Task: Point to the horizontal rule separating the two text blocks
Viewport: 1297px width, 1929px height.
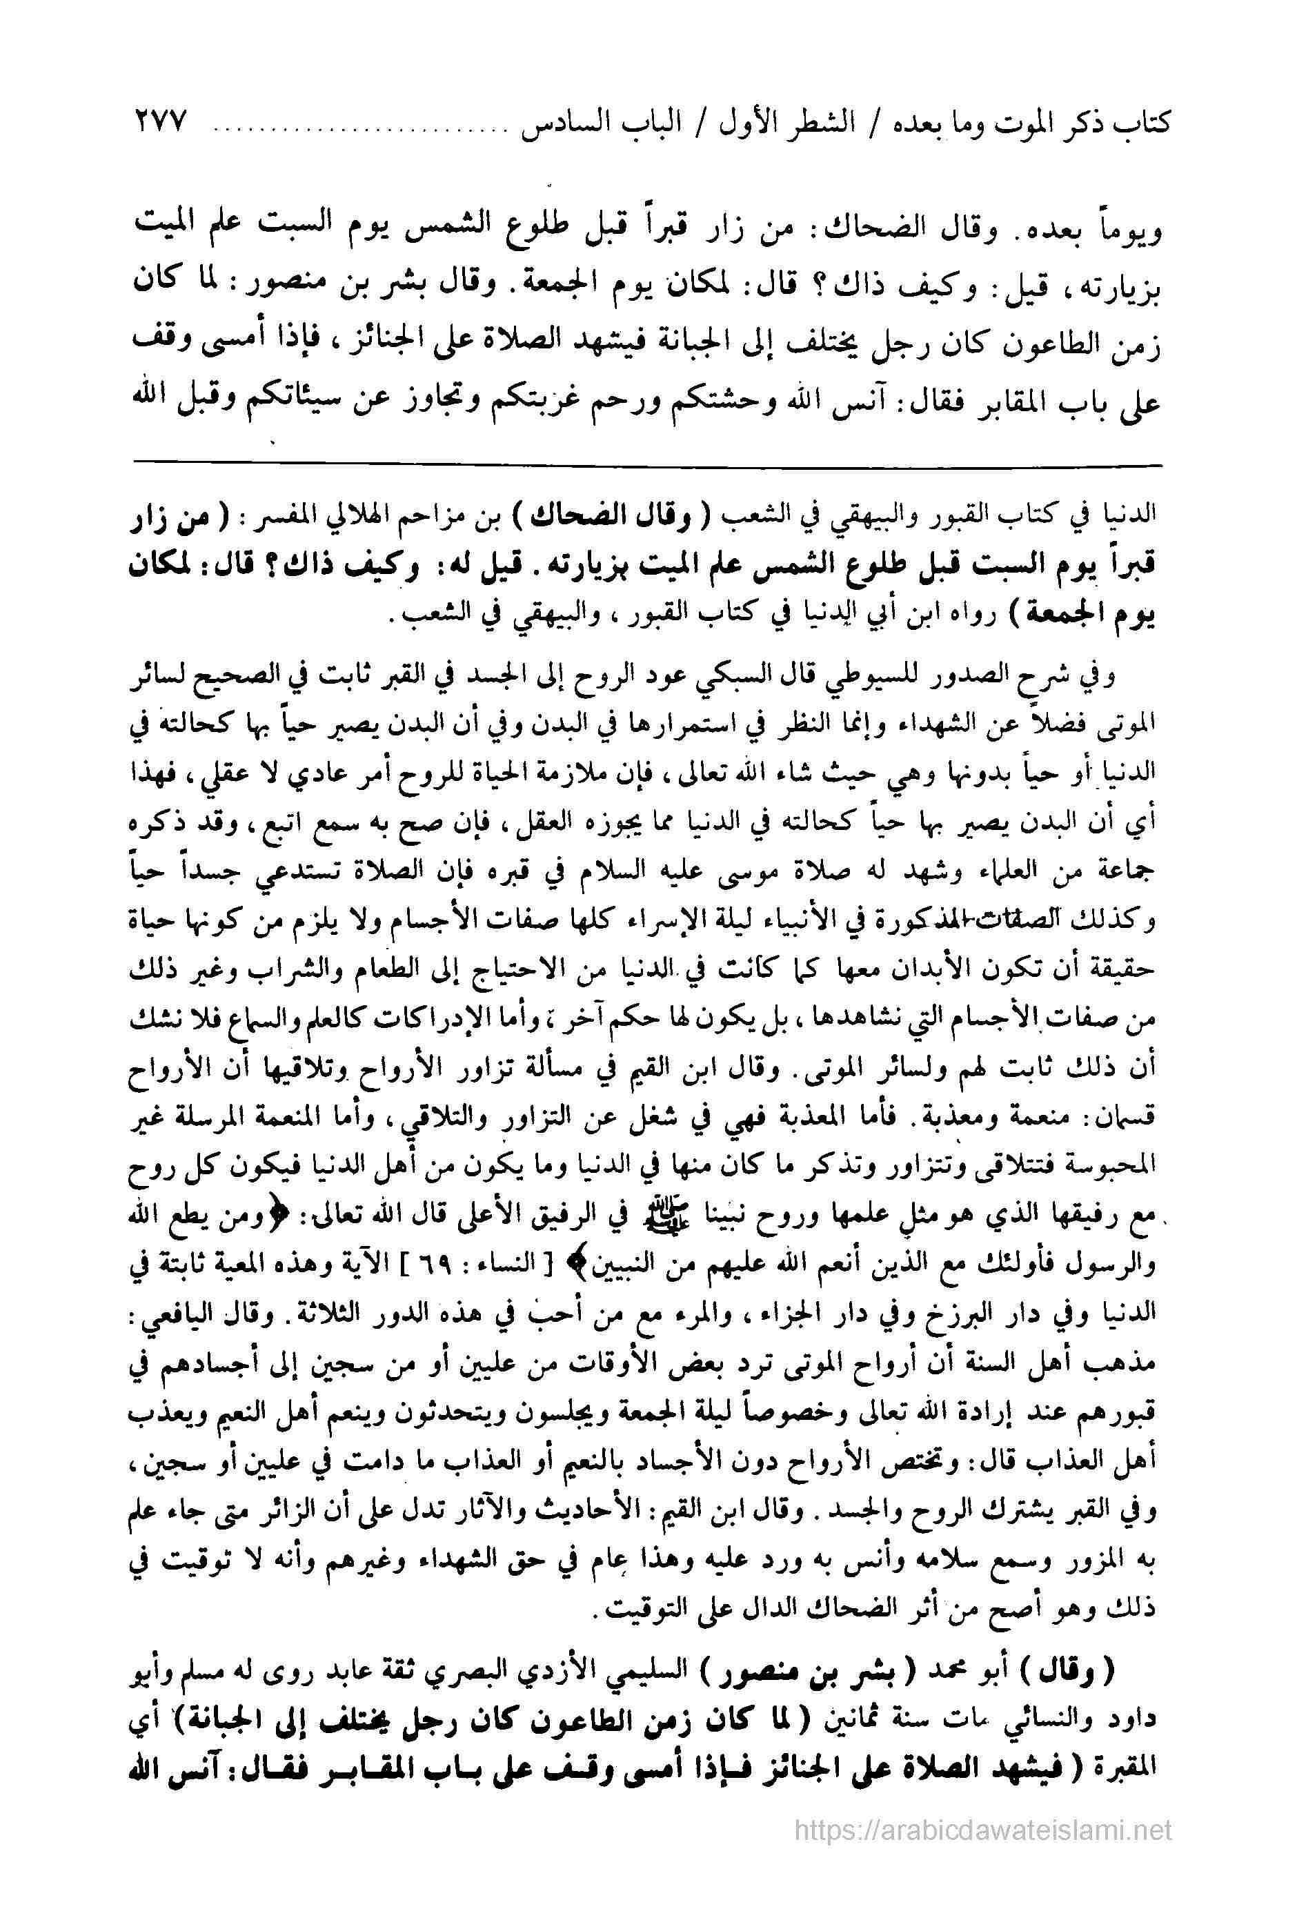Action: [648, 466]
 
